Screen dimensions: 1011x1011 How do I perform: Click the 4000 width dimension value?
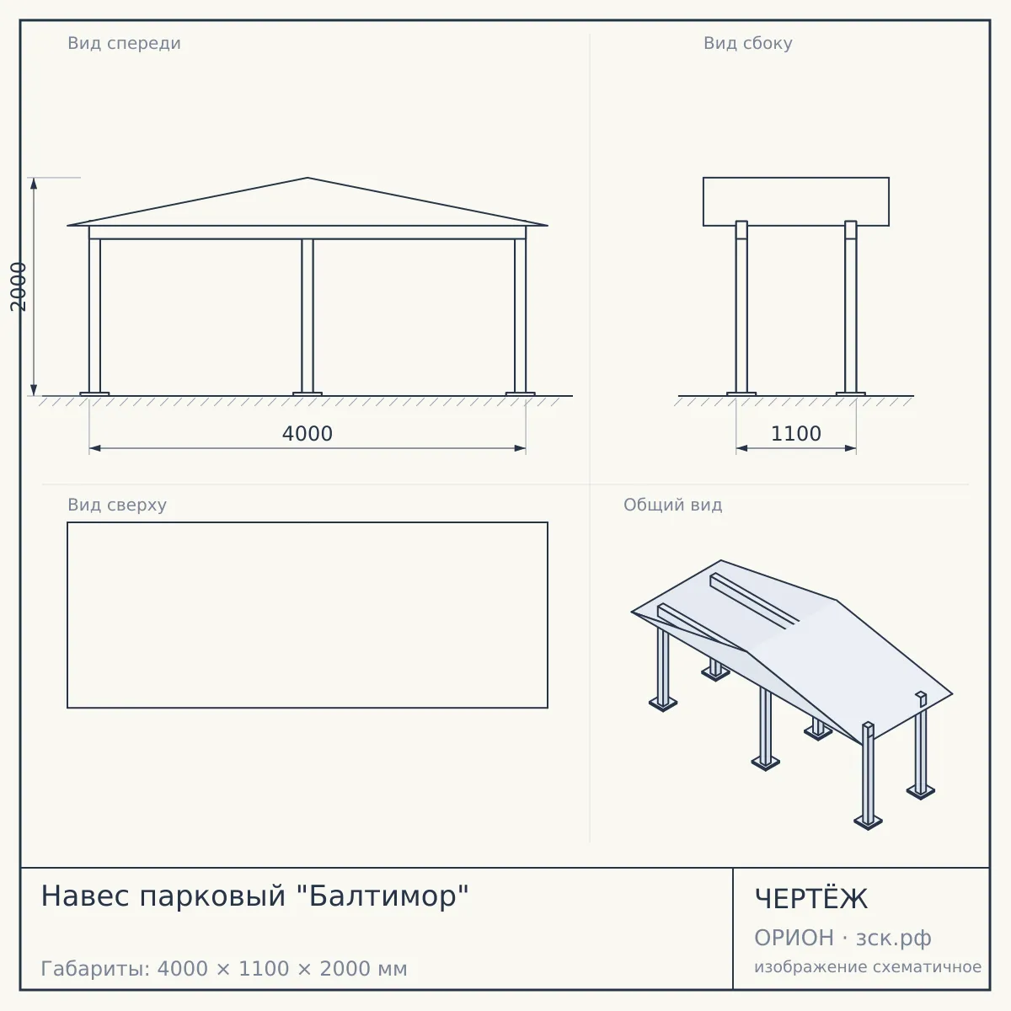(307, 433)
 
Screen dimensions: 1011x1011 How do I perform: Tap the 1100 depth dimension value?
(796, 433)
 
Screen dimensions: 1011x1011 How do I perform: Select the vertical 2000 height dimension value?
(19, 286)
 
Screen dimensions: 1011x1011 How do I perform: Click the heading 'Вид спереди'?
(125, 43)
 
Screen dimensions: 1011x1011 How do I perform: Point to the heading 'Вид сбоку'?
(747, 43)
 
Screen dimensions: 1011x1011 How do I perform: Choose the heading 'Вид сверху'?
(117, 505)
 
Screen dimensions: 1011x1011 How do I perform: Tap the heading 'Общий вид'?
(672, 505)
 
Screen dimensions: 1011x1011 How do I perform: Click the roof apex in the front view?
(308, 178)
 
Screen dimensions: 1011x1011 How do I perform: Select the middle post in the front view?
(308, 316)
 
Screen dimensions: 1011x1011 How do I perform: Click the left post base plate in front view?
(94, 394)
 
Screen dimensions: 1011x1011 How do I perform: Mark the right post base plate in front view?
(521, 394)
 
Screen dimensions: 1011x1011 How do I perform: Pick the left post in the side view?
(741, 307)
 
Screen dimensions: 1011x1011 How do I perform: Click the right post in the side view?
(850, 307)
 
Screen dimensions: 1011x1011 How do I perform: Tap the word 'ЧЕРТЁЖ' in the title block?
(811, 899)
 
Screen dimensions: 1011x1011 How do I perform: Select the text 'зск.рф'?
(894, 938)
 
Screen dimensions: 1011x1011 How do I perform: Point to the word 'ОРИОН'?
(794, 938)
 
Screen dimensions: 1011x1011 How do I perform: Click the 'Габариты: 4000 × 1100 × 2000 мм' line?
(224, 969)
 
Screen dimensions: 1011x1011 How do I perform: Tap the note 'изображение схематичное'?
(868, 966)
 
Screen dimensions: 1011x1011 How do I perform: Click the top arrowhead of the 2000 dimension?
(34, 183)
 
